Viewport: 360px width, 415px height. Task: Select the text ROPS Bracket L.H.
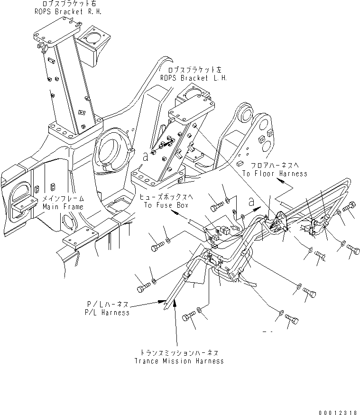[x=193, y=77]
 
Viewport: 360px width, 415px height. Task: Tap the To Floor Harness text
[x=274, y=174]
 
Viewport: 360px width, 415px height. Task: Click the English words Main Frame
[x=63, y=207]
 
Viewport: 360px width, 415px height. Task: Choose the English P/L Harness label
[x=108, y=313]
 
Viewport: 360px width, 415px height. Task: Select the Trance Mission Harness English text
[x=179, y=361]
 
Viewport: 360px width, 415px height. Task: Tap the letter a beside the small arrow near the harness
[x=251, y=202]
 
